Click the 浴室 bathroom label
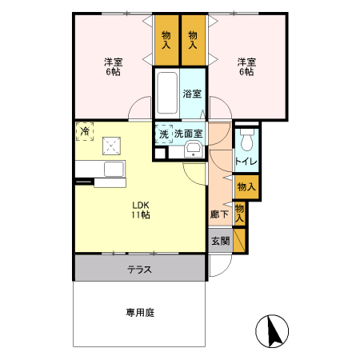pyautogui.click(x=192, y=94)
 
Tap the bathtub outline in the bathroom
pyautogui.click(x=167, y=94)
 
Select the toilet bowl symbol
pyautogui.click(x=246, y=142)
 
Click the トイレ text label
pyautogui.click(x=246, y=162)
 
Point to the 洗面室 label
pyautogui.click(x=189, y=133)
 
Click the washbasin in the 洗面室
pyautogui.click(x=193, y=151)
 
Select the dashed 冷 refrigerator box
pyautogui.click(x=82, y=130)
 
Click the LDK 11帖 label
pyautogui.click(x=141, y=210)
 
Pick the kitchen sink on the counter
pyautogui.click(x=113, y=169)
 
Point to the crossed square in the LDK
pyautogui.click(x=110, y=146)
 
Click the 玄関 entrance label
pyautogui.click(x=219, y=240)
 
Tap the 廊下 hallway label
pyautogui.click(x=219, y=214)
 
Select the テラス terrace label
pyautogui.click(x=139, y=269)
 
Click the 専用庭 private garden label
pyautogui.click(x=139, y=313)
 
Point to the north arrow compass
pyautogui.click(x=273, y=330)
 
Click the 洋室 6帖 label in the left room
pyautogui.click(x=112, y=66)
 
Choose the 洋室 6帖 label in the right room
pyautogui.click(x=246, y=66)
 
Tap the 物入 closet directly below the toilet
pyautogui.click(x=246, y=186)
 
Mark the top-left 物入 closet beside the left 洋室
pyautogui.click(x=166, y=40)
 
